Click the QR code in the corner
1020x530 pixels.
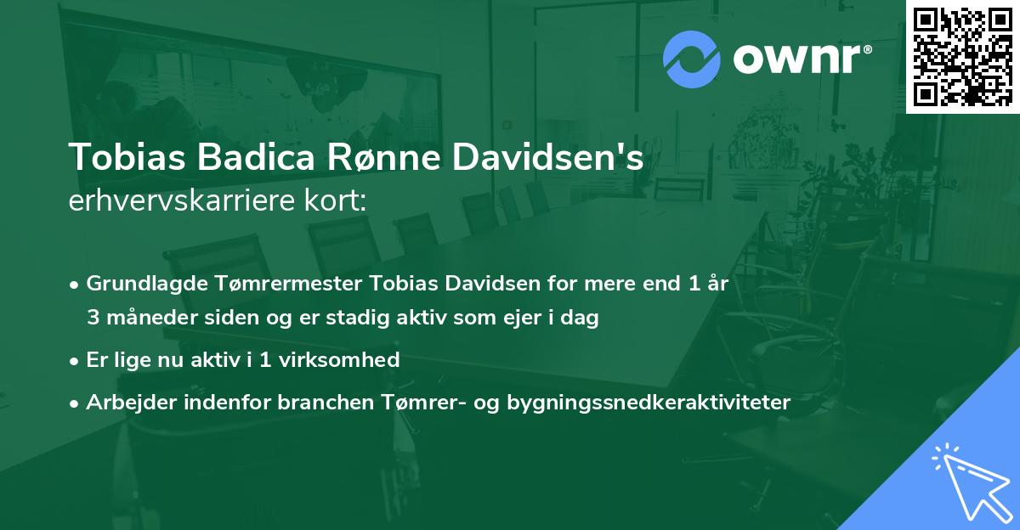(962, 56)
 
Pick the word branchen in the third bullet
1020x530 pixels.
(320, 402)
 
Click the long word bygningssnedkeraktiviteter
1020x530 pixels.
(648, 402)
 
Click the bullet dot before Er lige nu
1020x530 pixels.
(76, 360)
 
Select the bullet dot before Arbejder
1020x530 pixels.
(76, 403)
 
